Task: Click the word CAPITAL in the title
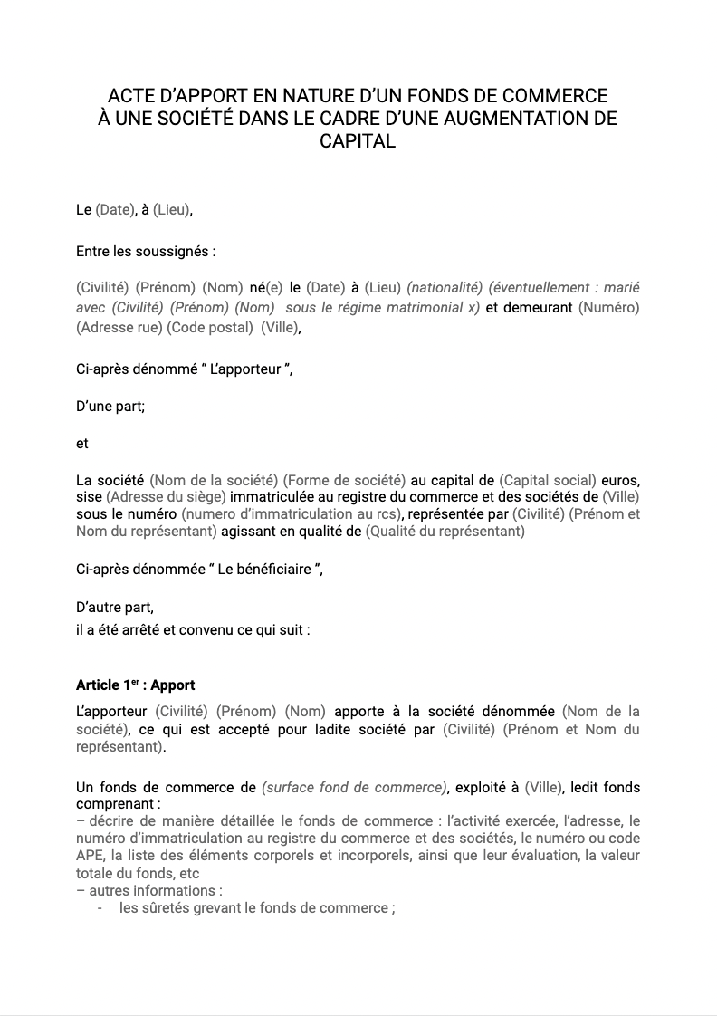tap(358, 141)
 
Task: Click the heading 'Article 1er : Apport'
tap(136, 685)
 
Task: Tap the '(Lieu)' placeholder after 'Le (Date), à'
tap(172, 210)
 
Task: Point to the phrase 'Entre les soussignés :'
tap(146, 251)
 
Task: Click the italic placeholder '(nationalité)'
tap(444, 287)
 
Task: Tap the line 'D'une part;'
tap(110, 407)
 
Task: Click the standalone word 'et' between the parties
tap(82, 444)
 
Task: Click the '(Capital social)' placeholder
tap(548, 480)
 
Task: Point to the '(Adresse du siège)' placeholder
tap(166, 497)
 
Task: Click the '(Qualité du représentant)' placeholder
tap(445, 532)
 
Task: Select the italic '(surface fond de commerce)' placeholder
tap(354, 788)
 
